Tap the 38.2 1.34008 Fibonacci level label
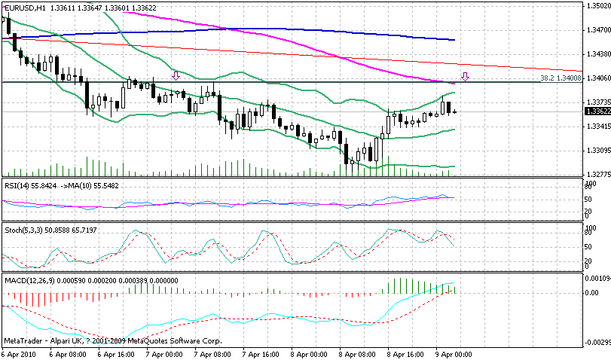click(561, 78)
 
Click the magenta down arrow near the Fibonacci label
click(466, 76)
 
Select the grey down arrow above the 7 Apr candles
click(176, 75)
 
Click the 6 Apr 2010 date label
click(18, 352)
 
